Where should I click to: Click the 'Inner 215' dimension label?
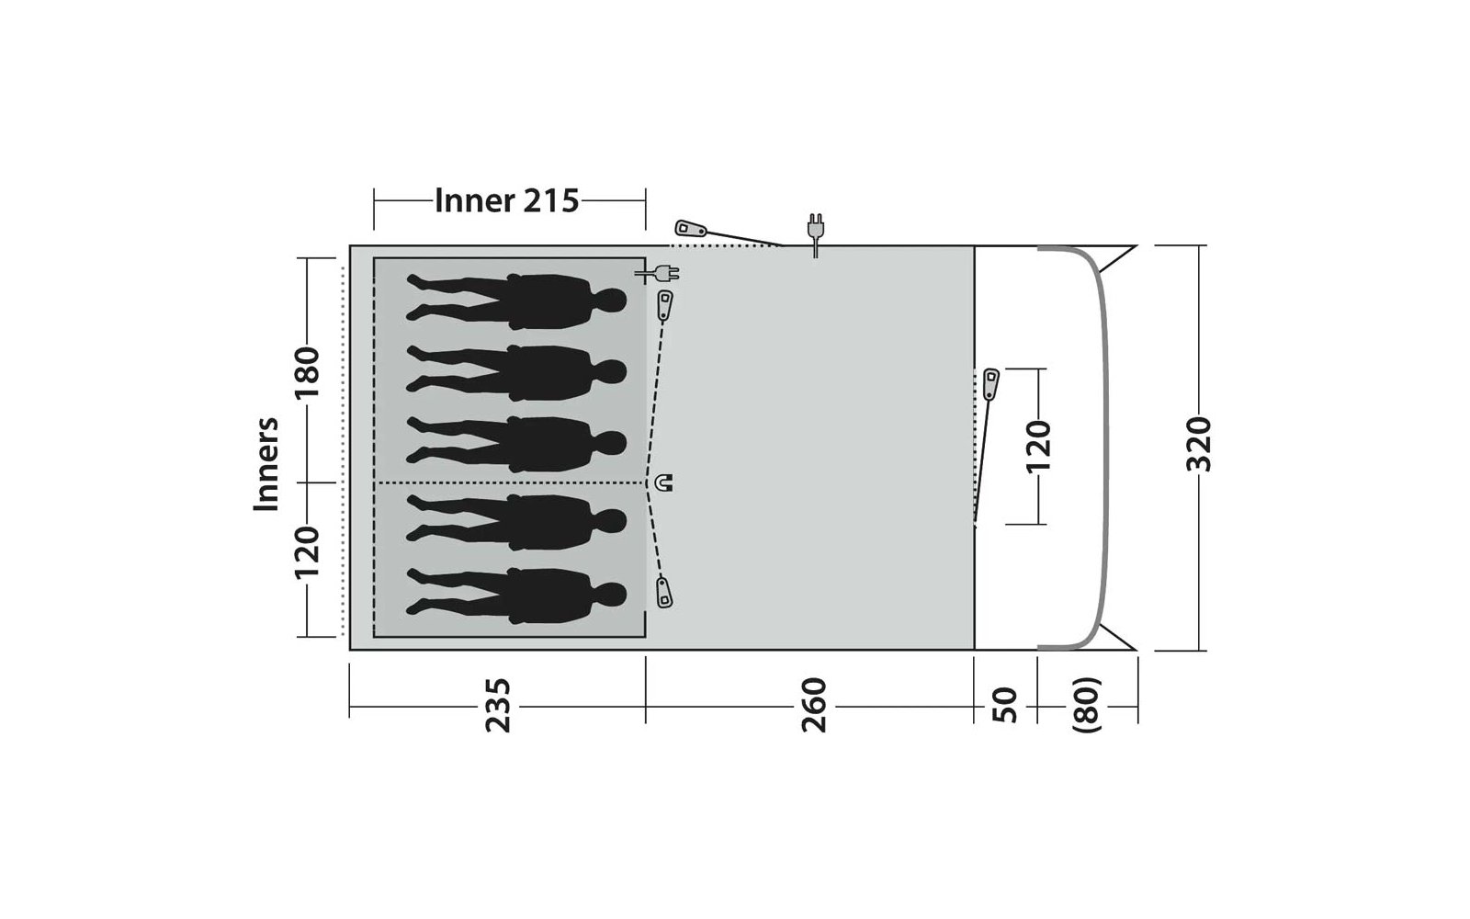point(506,201)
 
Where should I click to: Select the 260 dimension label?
point(814,706)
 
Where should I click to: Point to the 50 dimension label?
point(1004,706)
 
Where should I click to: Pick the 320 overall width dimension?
point(1198,444)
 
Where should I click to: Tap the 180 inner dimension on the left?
point(307,372)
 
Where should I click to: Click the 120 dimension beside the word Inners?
point(307,552)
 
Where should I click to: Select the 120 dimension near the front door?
point(1038,447)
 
